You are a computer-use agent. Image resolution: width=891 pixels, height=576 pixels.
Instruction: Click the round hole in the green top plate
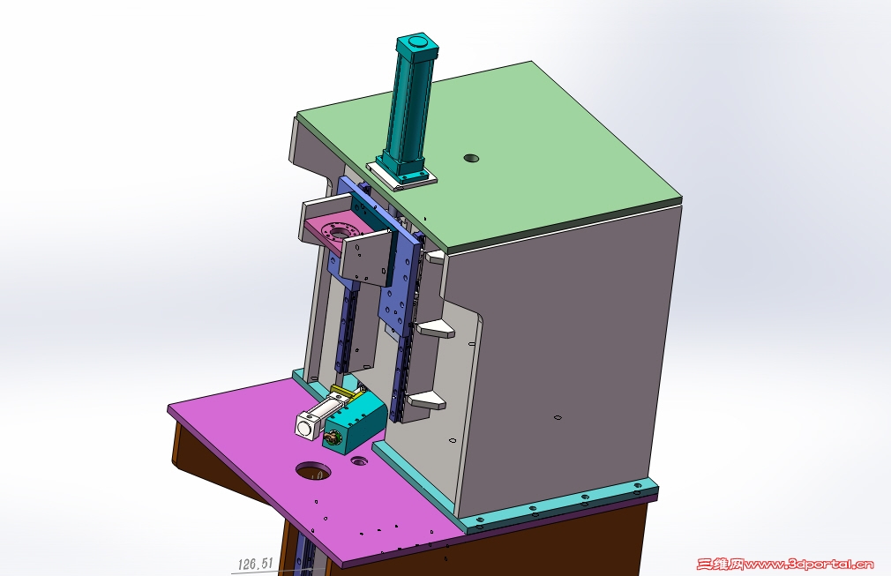(x=471, y=159)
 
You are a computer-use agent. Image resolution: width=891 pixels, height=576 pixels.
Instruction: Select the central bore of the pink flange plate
(x=341, y=232)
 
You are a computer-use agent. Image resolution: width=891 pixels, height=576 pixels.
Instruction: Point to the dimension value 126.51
(x=255, y=564)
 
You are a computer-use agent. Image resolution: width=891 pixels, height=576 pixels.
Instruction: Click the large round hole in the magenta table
(x=313, y=471)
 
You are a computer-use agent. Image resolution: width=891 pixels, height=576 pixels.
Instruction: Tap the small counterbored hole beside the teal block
(x=359, y=460)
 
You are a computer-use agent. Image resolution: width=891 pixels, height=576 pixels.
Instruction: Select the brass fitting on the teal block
(x=330, y=438)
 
